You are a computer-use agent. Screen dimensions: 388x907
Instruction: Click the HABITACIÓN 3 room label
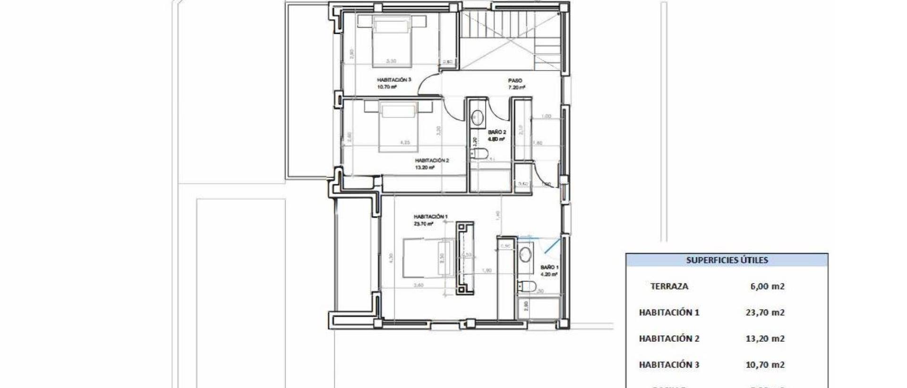pyautogui.click(x=394, y=80)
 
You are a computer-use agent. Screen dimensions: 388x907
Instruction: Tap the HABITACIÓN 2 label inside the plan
pyautogui.click(x=432, y=161)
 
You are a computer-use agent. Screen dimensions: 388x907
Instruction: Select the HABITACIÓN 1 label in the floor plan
pyautogui.click(x=430, y=217)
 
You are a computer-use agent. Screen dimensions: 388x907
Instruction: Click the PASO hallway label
pyautogui.click(x=515, y=81)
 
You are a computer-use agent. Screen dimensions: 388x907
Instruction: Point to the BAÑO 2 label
pyautogui.click(x=497, y=132)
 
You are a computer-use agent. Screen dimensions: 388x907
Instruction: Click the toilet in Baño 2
pyautogui.click(x=479, y=153)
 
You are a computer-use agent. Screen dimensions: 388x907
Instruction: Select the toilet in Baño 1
pyautogui.click(x=526, y=286)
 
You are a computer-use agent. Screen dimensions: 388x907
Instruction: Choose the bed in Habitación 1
pyautogui.click(x=428, y=258)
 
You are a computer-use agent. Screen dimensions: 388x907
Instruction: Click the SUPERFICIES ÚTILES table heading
pyautogui.click(x=727, y=260)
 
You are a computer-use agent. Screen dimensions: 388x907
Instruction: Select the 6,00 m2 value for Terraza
pyautogui.click(x=767, y=286)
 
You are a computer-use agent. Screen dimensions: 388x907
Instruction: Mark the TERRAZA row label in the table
pyautogui.click(x=669, y=286)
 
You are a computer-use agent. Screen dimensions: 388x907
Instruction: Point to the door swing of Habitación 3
pyautogui.click(x=429, y=85)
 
